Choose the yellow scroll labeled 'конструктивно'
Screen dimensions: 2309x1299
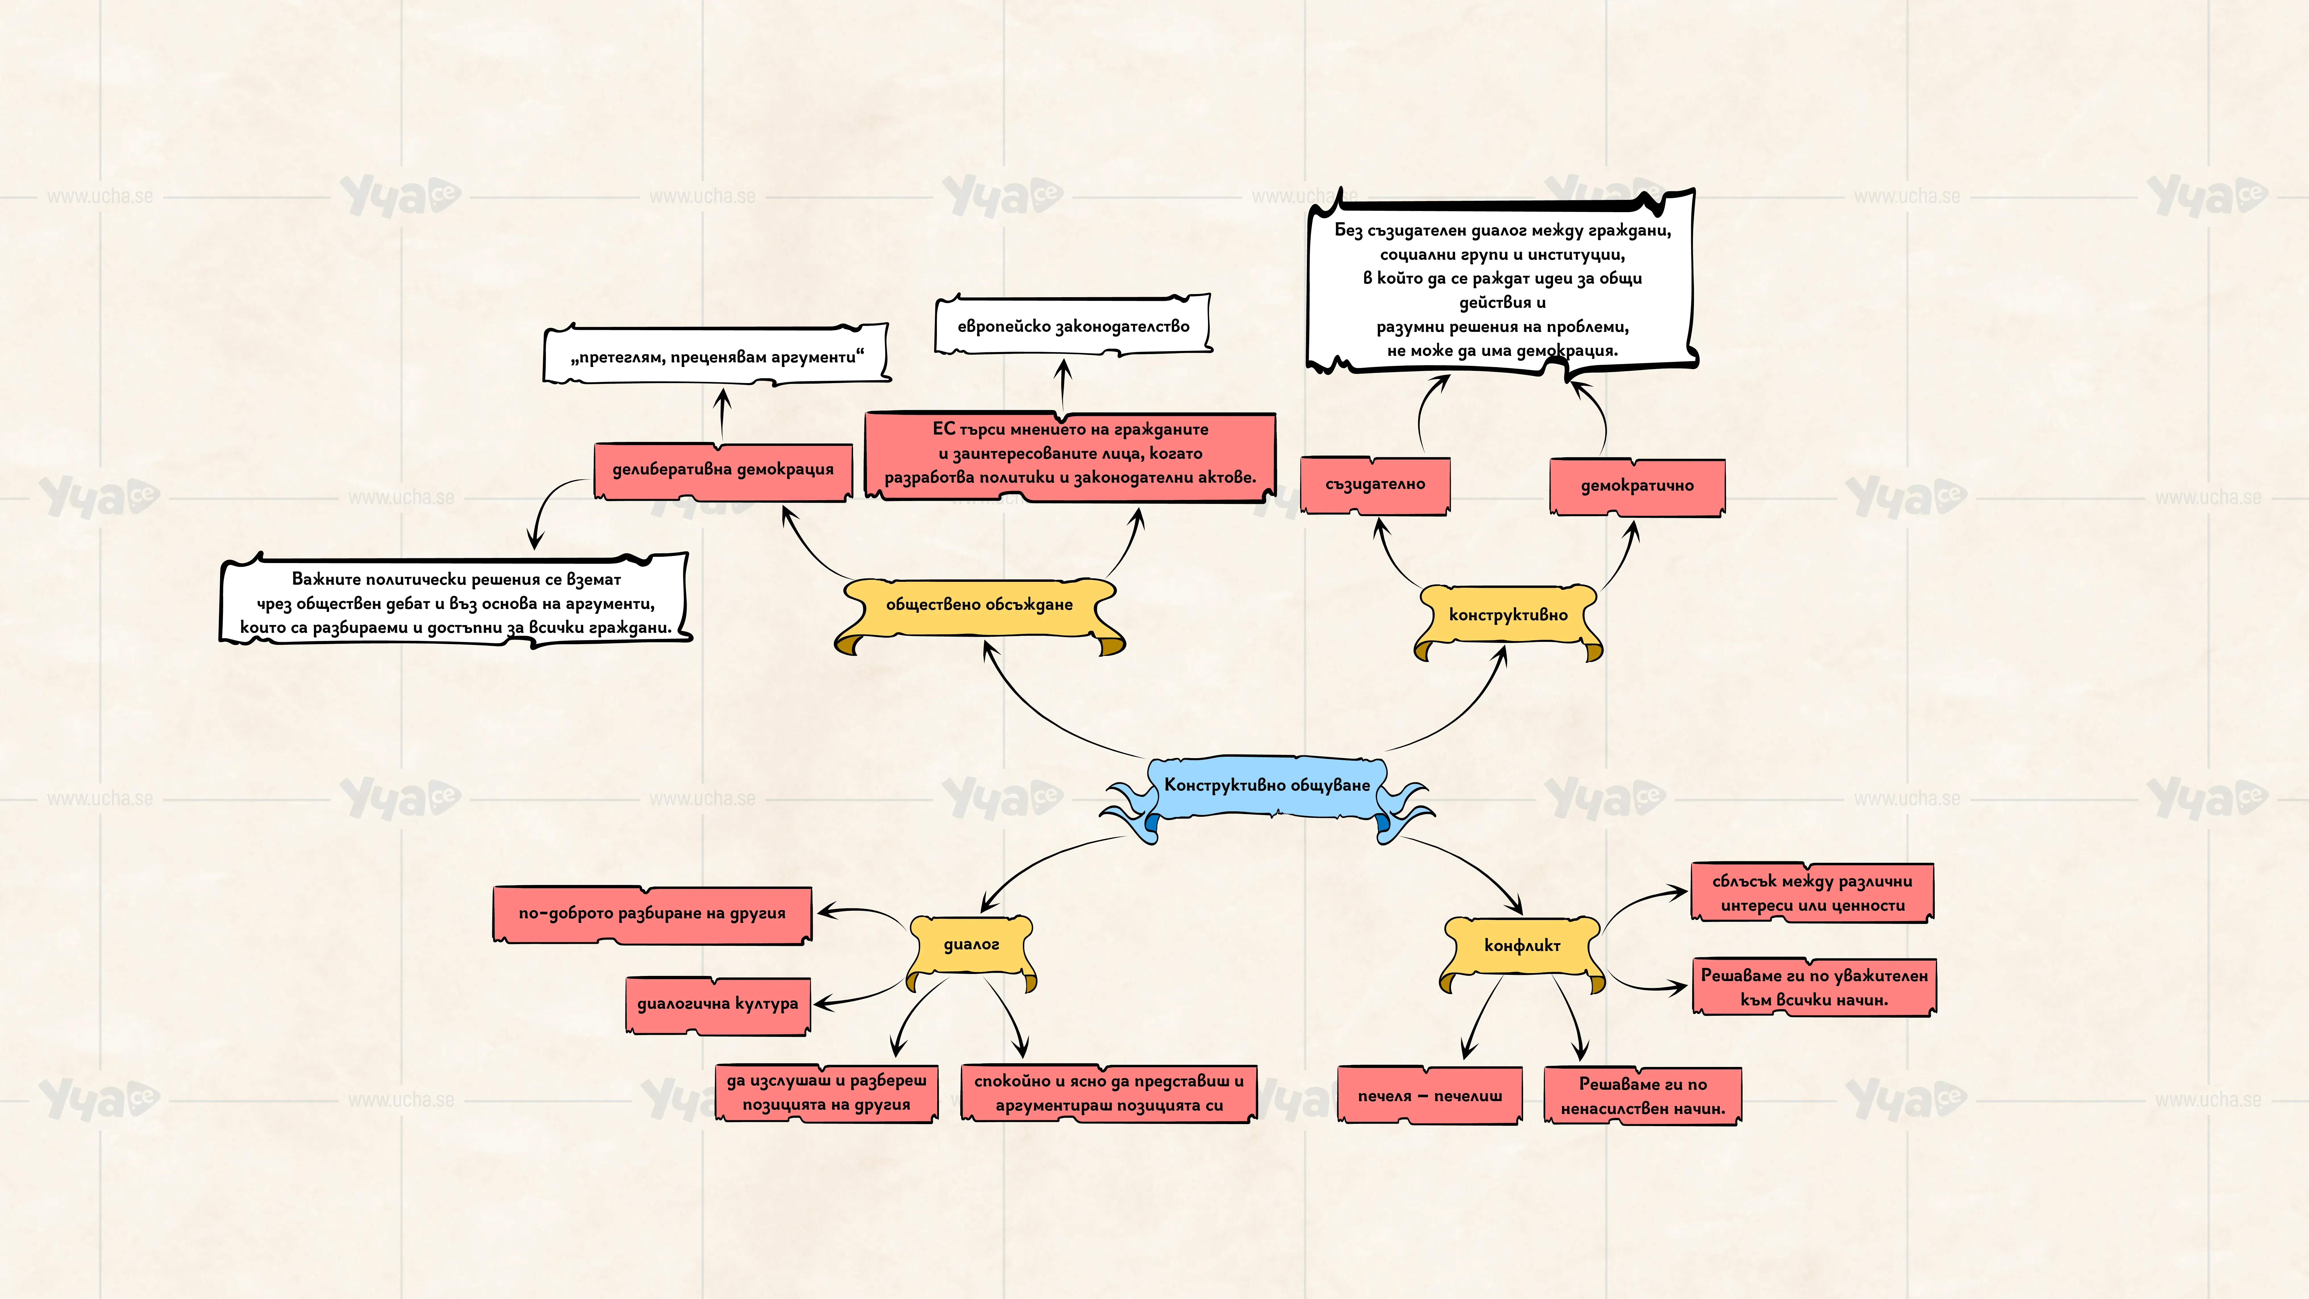click(1508, 620)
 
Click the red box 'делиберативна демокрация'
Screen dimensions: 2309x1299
click(723, 471)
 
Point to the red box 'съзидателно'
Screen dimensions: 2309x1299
click(1375, 485)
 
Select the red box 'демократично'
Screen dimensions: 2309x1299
click(1637, 487)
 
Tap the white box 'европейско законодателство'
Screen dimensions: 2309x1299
click(1073, 325)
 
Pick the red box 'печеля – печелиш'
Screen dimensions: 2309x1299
click(1430, 1095)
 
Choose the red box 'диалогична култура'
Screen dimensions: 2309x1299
click(717, 1005)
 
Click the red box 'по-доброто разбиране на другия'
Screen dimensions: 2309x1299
click(652, 915)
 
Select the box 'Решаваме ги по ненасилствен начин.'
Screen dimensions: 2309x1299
click(1642, 1095)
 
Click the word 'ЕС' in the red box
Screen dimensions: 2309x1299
click(944, 429)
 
